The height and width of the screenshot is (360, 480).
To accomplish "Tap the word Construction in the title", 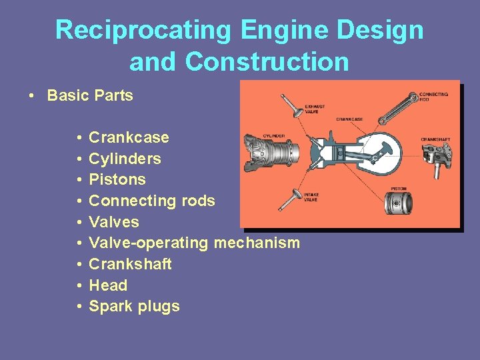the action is [x=267, y=62].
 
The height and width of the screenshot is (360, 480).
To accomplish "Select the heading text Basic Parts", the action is [x=90, y=95].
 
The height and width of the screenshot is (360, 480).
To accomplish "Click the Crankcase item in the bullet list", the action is [x=129, y=138].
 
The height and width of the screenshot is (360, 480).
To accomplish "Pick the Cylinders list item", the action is [x=125, y=159].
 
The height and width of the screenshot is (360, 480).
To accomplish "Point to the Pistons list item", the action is [x=117, y=179].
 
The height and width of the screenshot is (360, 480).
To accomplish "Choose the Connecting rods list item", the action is [x=152, y=201].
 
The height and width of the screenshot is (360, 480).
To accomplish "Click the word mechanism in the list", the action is [x=257, y=243].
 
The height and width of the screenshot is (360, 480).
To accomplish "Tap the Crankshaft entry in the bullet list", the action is [x=130, y=264].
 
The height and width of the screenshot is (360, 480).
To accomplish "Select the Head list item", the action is [x=108, y=285].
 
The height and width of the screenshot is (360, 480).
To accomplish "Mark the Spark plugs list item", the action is [x=134, y=307].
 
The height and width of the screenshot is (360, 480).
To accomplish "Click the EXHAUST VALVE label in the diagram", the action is [x=315, y=109].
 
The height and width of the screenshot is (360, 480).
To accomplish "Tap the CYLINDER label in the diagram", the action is [x=274, y=136].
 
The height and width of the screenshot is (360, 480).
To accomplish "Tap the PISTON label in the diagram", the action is [x=399, y=189].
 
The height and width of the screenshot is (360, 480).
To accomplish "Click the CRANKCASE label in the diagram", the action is [x=349, y=119].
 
